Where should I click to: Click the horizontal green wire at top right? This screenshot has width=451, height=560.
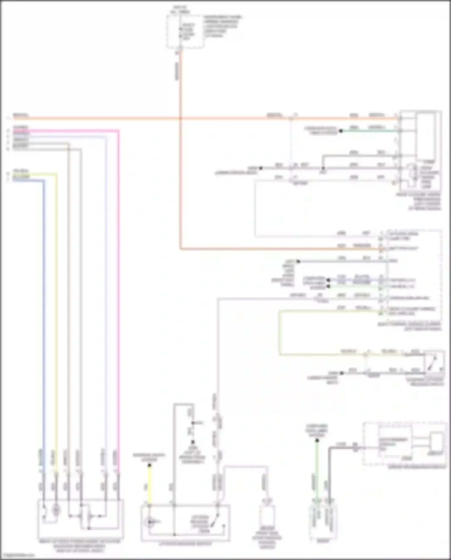pos(368,131)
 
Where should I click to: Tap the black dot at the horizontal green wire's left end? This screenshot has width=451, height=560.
pos(341,131)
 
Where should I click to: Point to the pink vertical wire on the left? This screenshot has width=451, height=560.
pos(118,301)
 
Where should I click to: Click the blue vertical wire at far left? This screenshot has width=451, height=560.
pos(44,301)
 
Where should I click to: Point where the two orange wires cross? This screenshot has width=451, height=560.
pos(180,119)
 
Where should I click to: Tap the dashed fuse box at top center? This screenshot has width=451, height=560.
pos(185,32)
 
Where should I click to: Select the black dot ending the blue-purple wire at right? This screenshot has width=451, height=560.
pos(329,280)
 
